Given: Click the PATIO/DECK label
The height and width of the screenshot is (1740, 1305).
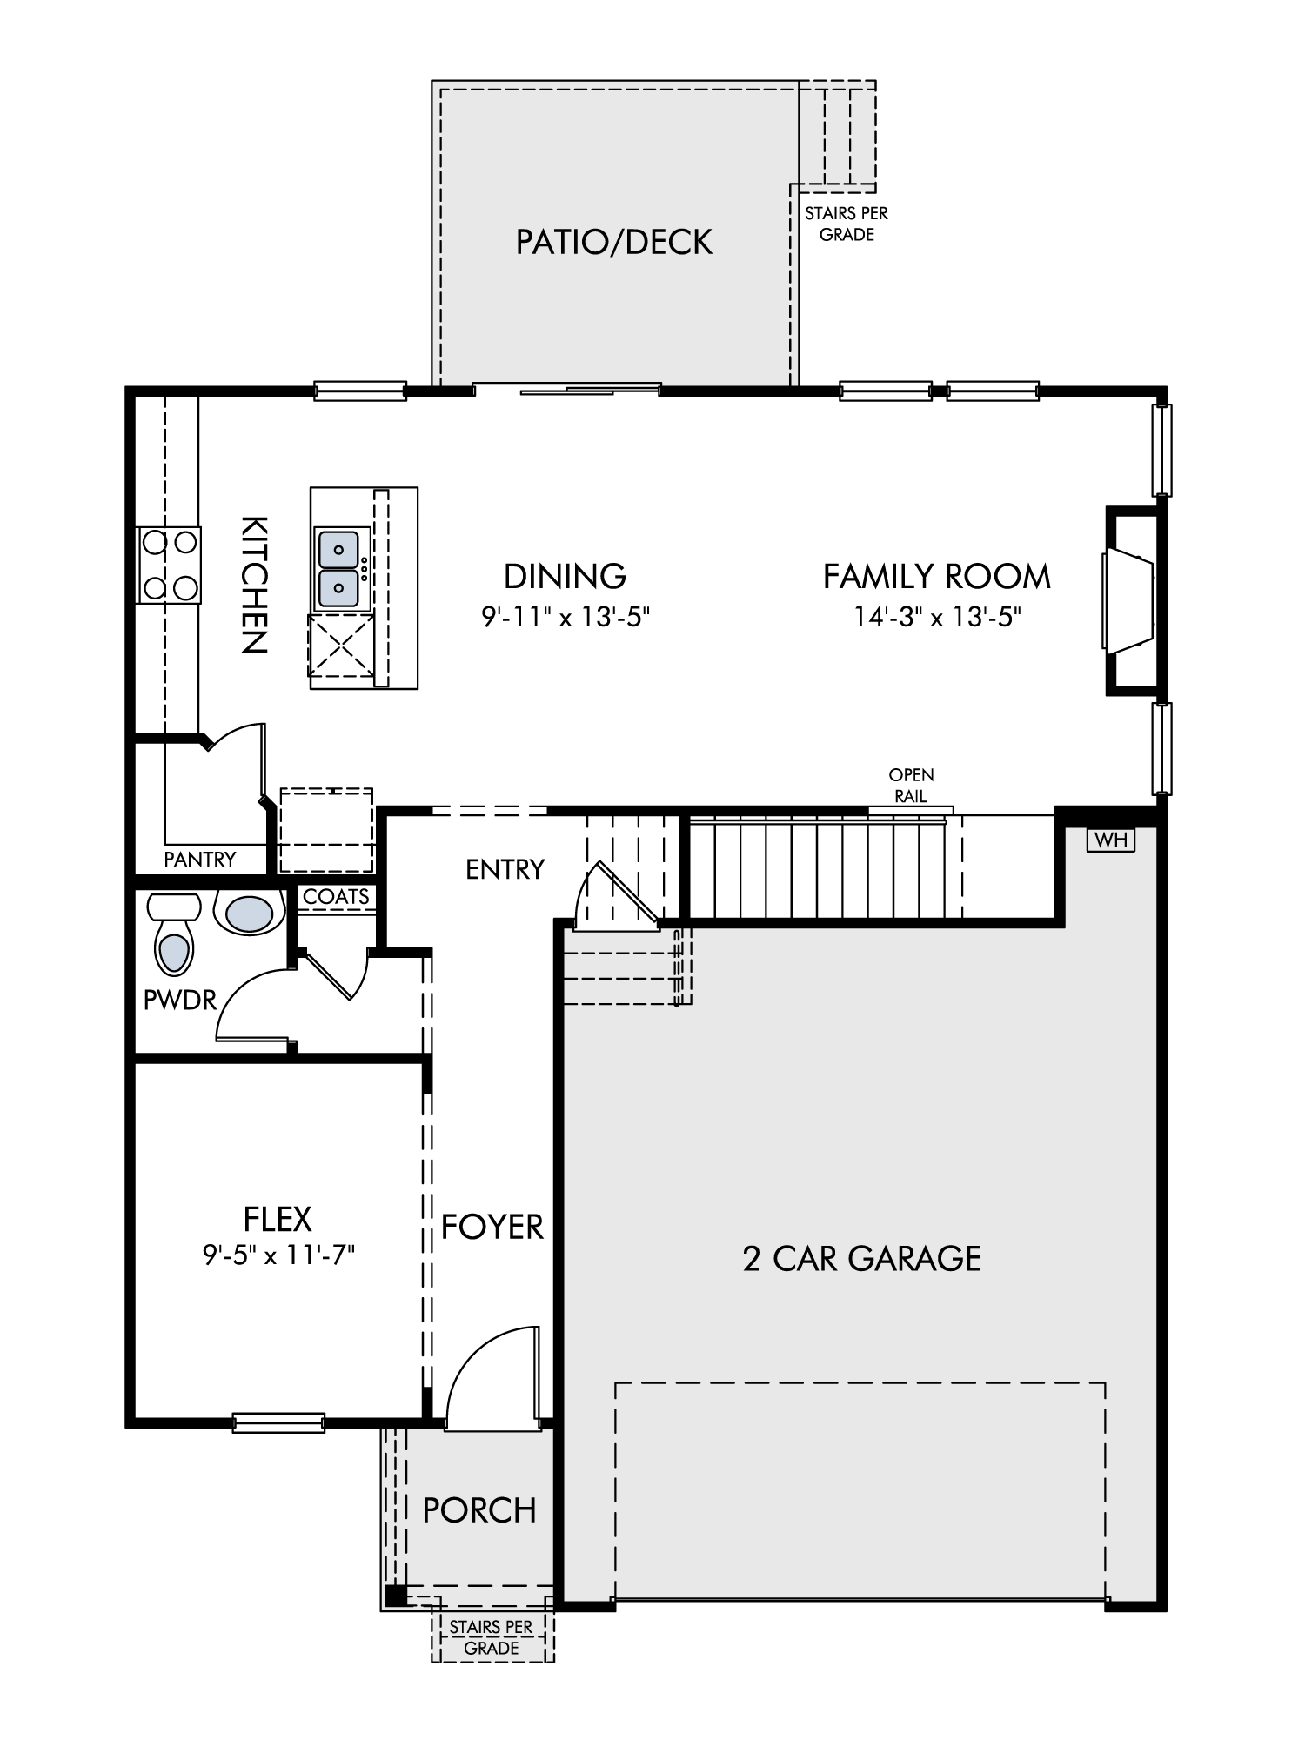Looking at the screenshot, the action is pos(614,242).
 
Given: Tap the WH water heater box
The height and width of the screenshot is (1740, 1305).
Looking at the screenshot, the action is pos(1111,840).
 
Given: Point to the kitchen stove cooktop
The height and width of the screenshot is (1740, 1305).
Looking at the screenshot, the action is pos(169,565).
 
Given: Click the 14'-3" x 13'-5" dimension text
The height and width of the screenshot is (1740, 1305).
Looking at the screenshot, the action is pos(936,617).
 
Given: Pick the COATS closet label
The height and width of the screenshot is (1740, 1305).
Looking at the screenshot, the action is pos(336,896).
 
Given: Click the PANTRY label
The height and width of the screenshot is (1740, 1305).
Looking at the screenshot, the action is pos(200,860).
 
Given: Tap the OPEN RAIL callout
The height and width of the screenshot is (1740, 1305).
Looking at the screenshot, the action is pos(912,785).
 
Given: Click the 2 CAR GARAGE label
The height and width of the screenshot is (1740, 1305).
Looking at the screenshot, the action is pos(862,1259).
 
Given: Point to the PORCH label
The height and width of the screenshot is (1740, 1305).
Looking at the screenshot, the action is pos(479,1510).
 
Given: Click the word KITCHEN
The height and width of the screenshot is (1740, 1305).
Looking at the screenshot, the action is pos(254,585).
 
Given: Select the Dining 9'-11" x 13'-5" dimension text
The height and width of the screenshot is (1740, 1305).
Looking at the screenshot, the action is pos(566,617).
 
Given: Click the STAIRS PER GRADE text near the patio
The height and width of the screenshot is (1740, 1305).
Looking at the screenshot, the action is pos(847,224).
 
